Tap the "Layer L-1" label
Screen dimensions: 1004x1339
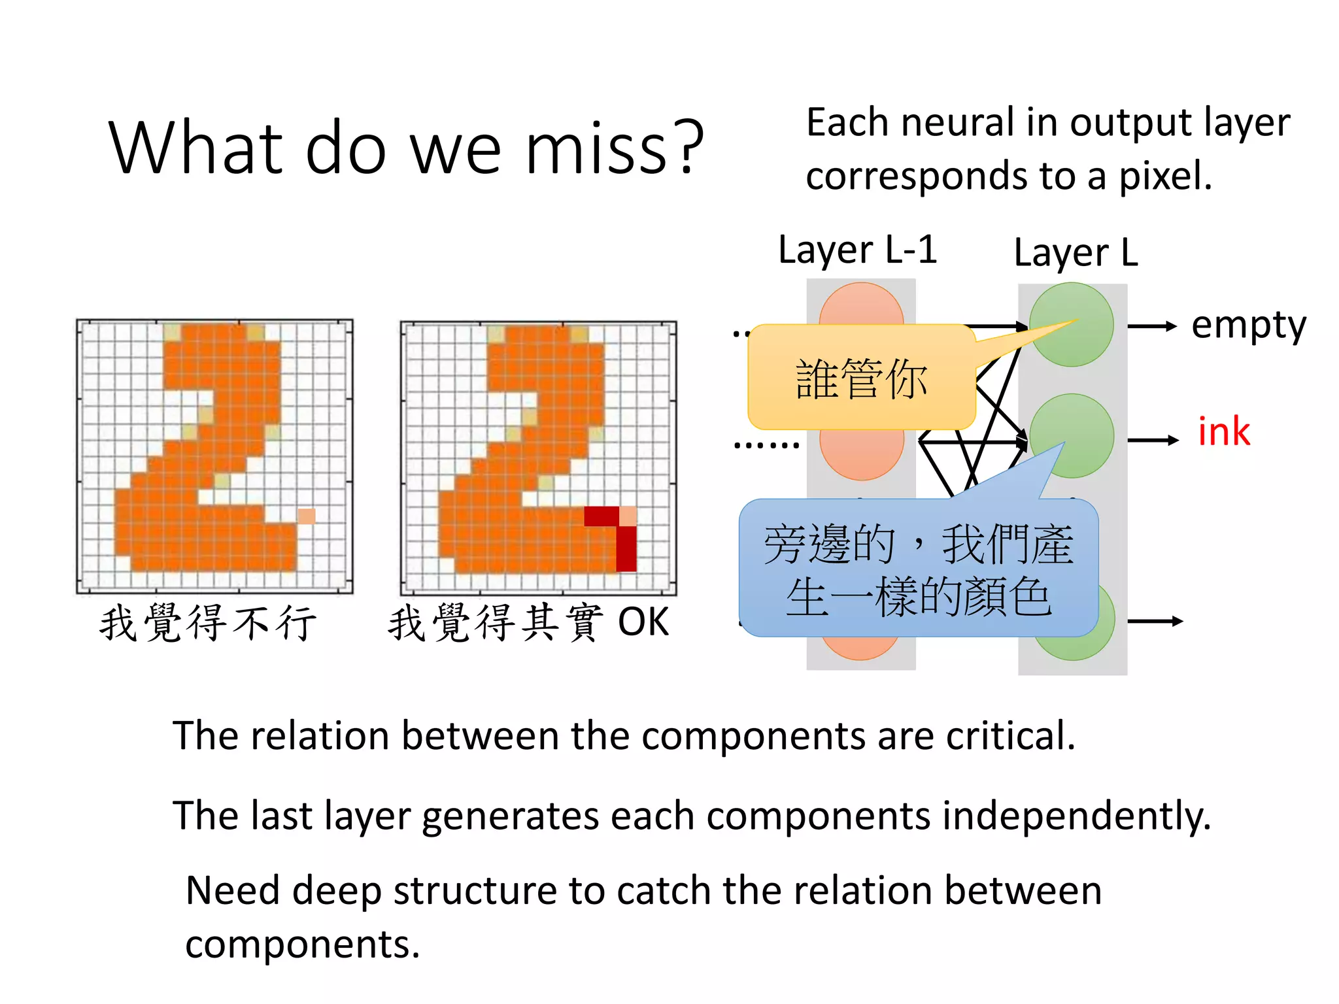(857, 250)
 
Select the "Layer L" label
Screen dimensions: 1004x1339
(1076, 253)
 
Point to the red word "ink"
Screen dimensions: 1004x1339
(1223, 432)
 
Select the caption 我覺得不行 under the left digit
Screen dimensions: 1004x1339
(208, 622)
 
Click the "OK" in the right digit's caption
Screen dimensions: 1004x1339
(643, 622)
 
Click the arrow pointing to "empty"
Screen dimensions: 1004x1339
(1152, 326)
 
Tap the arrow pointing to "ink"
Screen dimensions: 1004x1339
(1153, 441)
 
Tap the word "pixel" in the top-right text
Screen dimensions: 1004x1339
(1165, 176)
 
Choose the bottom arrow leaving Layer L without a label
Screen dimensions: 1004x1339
(1155, 621)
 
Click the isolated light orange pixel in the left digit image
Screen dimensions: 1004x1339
(307, 516)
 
